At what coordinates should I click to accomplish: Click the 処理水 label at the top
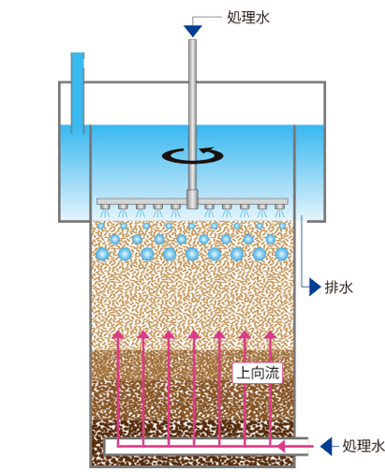248,17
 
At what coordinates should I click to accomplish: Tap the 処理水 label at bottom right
363,446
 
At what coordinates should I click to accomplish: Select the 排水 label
339,288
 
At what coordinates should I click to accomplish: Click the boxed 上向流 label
258,373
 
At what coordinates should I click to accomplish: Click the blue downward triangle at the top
193,31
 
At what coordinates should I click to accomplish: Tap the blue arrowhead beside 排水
315,287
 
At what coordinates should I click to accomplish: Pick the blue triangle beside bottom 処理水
326,446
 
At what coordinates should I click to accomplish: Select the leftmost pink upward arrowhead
118,334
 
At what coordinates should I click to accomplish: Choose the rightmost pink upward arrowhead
270,334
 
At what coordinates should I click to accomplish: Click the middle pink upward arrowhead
194,334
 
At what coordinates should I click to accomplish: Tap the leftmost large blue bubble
102,254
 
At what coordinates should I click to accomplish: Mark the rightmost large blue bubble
282,254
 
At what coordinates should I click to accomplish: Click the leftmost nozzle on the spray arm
105,207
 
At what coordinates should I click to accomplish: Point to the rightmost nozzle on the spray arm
279,207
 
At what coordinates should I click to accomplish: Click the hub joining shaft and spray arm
192,199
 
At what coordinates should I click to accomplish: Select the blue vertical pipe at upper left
78,93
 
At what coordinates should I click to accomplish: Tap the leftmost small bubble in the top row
101,226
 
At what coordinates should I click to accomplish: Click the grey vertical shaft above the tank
193,114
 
